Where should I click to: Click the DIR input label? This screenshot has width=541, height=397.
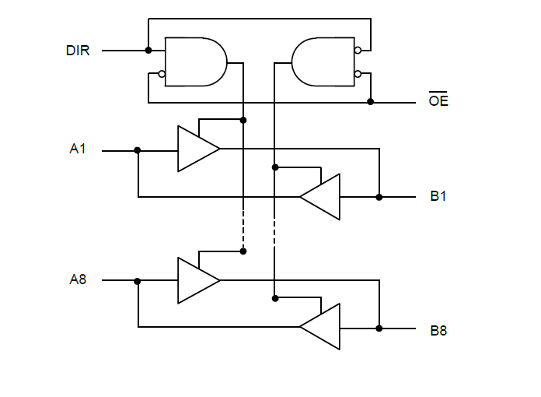78,51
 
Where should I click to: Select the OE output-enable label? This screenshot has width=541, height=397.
438,102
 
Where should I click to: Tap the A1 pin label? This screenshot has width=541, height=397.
78,149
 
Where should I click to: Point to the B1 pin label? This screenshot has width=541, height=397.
438,196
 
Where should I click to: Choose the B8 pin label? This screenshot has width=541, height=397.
438,330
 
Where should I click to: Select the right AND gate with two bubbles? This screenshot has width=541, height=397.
322,61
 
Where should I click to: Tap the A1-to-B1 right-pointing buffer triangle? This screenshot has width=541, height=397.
197,148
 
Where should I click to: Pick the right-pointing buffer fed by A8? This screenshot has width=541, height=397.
197,280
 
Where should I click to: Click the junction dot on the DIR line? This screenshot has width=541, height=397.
148,51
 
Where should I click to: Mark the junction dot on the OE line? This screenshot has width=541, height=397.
370,102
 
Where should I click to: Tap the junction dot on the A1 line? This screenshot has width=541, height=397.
138,149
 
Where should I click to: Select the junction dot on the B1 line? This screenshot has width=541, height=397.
379,197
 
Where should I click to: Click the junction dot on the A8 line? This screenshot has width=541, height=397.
138,281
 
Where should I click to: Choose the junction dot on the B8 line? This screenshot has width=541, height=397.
379,328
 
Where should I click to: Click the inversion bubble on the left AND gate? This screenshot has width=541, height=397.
162,75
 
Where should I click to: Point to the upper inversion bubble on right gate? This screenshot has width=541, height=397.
358,51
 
